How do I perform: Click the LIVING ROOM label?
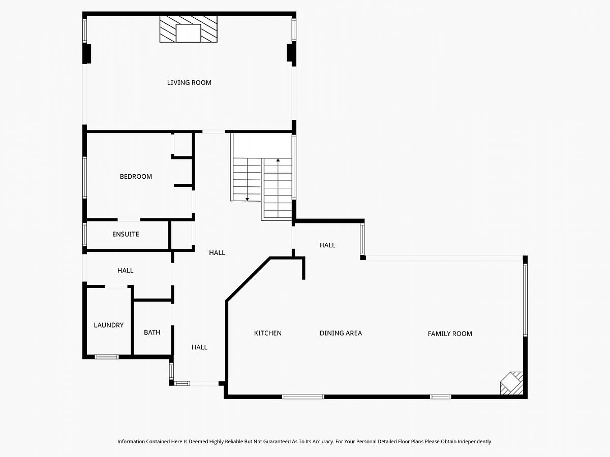[189, 83]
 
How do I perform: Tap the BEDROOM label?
[136, 177]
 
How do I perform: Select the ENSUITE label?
[126, 234]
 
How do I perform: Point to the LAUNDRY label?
[109, 325]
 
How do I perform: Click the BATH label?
[152, 332]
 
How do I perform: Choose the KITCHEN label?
[267, 333]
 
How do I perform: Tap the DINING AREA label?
[341, 333]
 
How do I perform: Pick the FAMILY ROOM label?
[450, 334]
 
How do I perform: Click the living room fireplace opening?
[189, 34]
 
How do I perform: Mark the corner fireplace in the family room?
[512, 383]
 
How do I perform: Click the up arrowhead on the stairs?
[278, 160]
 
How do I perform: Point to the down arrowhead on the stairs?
[247, 199]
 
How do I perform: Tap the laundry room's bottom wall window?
[107, 357]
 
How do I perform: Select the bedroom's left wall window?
[85, 178]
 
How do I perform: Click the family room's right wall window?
[525, 300]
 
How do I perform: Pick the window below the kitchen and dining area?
[303, 397]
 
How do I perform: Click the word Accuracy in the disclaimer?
[320, 441]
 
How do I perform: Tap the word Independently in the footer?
[475, 441]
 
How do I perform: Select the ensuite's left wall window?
[85, 235]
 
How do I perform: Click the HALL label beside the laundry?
[126, 271]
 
